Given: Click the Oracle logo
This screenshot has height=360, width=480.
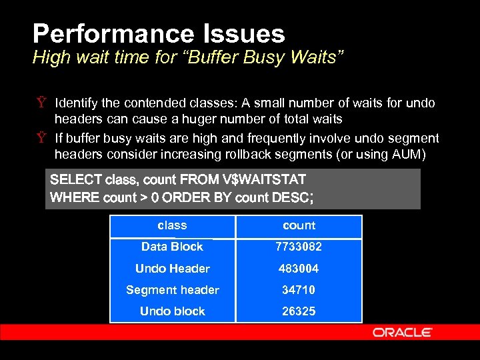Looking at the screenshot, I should tap(402, 332).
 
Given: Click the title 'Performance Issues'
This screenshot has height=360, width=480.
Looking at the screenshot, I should tap(159, 33).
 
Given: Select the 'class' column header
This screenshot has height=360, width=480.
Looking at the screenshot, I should tap(172, 226).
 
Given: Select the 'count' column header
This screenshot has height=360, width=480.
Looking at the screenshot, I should tap(299, 226).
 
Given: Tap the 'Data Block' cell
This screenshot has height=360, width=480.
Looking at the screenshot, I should tap(172, 247).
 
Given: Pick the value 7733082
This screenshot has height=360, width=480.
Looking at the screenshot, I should tap(299, 247).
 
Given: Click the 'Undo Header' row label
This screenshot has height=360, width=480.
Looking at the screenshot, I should tap(172, 269).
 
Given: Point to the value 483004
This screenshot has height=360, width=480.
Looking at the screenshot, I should tap(299, 269).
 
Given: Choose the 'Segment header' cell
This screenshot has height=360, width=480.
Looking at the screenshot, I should tap(172, 290).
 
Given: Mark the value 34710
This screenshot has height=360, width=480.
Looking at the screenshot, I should tap(299, 290).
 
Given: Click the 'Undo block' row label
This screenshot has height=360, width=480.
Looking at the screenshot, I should tap(172, 311).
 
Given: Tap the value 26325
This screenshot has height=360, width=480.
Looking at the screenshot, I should tap(299, 311).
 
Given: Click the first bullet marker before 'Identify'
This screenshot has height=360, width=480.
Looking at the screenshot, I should tap(41, 103).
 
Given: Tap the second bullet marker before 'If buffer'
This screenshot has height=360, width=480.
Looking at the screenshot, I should tap(41, 139).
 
